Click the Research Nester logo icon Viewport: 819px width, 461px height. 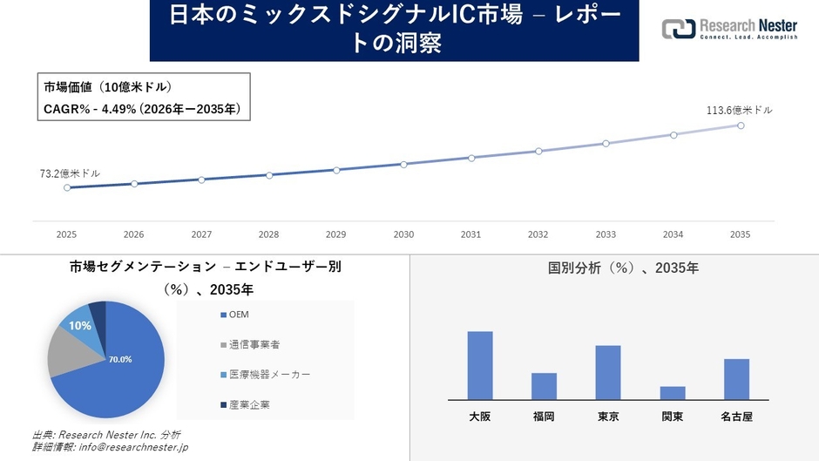(678, 29)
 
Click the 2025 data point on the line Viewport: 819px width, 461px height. (67, 187)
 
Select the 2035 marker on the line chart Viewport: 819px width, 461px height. (741, 125)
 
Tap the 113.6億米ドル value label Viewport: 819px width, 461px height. (739, 111)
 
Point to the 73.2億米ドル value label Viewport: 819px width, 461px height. (70, 173)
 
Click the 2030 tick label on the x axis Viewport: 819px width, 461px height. (403, 234)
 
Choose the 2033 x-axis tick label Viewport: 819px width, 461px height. (606, 234)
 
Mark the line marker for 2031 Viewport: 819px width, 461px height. (471, 158)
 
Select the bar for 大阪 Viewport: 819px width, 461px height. (480, 365)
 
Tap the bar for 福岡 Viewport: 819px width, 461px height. (544, 386)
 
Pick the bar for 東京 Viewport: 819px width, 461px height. (608, 372)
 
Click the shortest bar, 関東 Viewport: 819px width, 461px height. (673, 393)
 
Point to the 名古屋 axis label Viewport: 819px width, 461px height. (736, 417)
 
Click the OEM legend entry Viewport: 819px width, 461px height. (240, 314)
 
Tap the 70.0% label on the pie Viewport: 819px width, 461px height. (120, 359)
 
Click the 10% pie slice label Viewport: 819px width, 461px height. (80, 325)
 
